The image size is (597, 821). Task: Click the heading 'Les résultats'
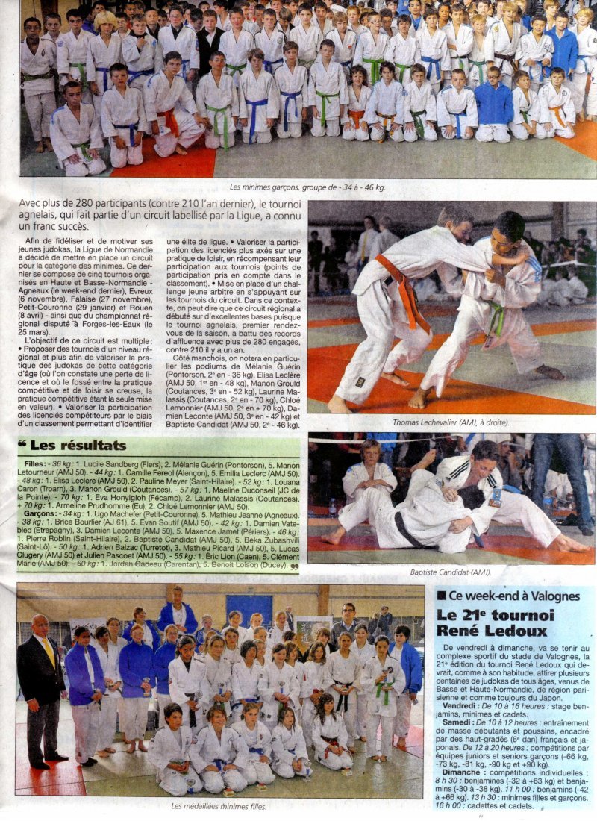tap(78, 446)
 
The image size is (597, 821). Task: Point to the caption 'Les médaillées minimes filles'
tap(219, 805)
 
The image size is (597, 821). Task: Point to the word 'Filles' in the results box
tap(34, 463)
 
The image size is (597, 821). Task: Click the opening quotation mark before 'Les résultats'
tap(22, 446)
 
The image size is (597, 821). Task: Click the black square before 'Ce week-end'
tap(443, 596)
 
